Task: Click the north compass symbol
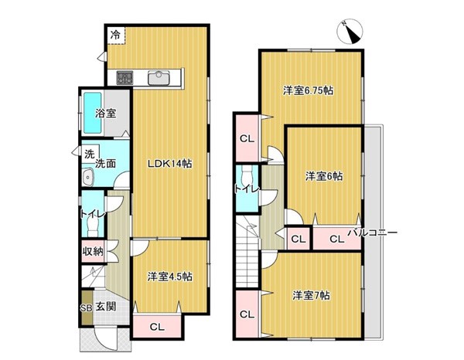(350, 32)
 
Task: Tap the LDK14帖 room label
(170, 164)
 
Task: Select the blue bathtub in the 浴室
(93, 113)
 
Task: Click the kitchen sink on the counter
(159, 78)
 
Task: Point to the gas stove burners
(125, 78)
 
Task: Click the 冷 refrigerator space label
(115, 35)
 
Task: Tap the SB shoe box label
(86, 307)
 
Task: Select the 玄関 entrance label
(106, 307)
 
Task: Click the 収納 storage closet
(93, 252)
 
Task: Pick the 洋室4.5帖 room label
(170, 277)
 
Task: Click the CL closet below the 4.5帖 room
(157, 327)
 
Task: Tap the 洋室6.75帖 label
(309, 90)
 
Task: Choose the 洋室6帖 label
(324, 176)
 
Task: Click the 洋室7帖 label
(312, 295)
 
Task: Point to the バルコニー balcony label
(372, 233)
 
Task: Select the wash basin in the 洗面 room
(88, 178)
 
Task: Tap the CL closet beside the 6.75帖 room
(247, 138)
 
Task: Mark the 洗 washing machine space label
(90, 154)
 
